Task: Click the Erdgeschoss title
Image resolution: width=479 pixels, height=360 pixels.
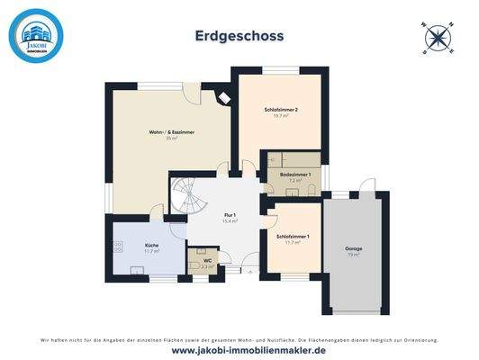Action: [239, 36]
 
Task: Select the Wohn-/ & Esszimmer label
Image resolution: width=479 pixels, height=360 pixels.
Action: [172, 132]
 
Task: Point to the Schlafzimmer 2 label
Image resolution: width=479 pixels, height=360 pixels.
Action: [282, 109]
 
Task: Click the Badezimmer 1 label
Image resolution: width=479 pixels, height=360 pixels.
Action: [294, 174]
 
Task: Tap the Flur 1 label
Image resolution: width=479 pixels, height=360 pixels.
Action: [230, 214]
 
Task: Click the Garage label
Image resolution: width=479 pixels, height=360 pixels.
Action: [353, 247]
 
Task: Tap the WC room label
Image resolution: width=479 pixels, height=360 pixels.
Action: [205, 259]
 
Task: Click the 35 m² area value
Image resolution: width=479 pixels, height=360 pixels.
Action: [172, 139]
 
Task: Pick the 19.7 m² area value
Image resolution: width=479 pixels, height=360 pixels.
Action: [282, 115]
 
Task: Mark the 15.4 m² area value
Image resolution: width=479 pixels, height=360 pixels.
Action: [230, 220]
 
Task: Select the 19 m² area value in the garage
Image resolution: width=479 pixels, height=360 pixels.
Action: [353, 254]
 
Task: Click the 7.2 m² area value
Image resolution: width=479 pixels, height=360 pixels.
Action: [294, 180]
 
